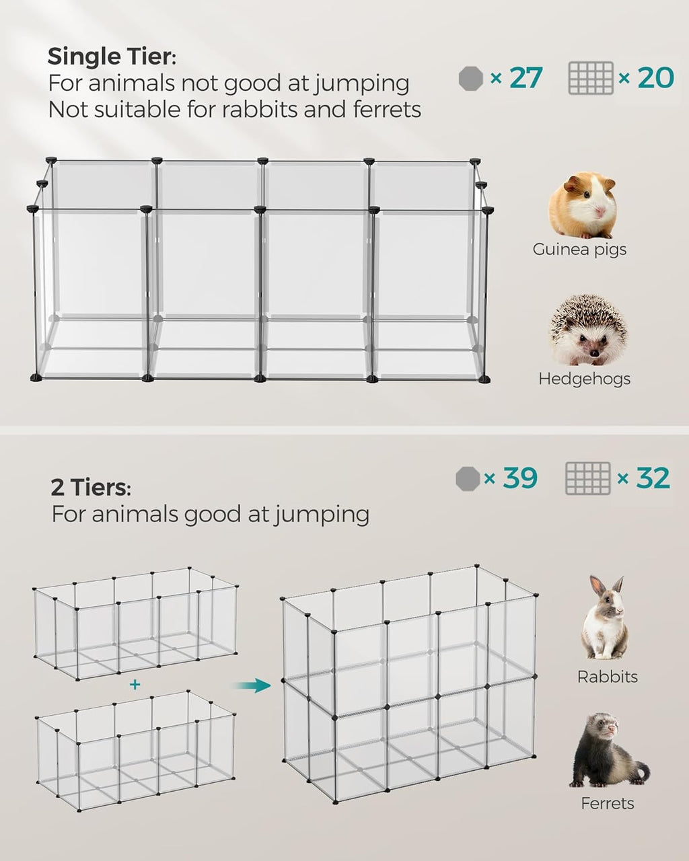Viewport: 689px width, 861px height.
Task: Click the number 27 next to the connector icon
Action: [x=525, y=78]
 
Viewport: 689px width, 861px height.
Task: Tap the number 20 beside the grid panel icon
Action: [x=655, y=78]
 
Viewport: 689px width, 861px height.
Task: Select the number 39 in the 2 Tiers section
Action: [x=519, y=478]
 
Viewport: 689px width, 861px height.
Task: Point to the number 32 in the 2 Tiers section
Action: [x=653, y=478]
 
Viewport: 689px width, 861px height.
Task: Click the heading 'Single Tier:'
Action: [x=112, y=57]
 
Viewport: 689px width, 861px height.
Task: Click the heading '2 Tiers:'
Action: [x=91, y=487]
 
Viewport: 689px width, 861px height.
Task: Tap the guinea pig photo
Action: [x=583, y=205]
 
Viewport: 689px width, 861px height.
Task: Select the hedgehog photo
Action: [x=587, y=330]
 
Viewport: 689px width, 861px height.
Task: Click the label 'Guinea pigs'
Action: [x=579, y=250]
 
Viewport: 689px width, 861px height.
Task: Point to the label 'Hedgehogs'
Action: [x=584, y=379]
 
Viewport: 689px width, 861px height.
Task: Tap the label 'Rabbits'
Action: [x=607, y=677]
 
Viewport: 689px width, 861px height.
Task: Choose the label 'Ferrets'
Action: [x=607, y=803]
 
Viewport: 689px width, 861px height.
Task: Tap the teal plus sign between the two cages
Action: [x=135, y=685]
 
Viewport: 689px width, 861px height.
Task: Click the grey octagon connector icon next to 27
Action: [x=471, y=79]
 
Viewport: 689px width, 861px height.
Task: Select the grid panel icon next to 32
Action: [x=587, y=478]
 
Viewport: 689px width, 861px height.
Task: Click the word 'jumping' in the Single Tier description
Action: [x=361, y=84]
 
